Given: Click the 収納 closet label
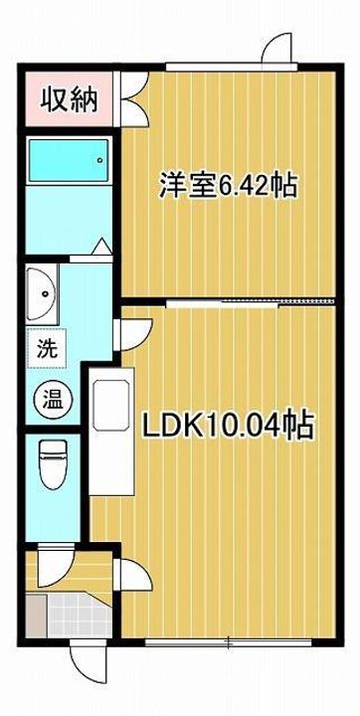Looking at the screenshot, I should [x=68, y=101].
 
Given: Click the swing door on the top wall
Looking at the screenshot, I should [x=276, y=50].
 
